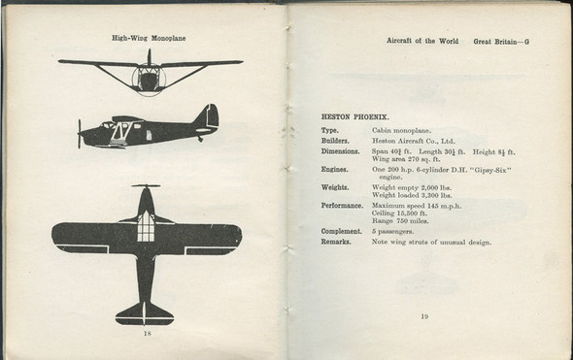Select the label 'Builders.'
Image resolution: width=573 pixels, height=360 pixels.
tap(335, 141)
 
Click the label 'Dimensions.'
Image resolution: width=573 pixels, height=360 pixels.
tap(341, 152)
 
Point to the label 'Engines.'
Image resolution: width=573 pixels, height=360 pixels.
tap(335, 169)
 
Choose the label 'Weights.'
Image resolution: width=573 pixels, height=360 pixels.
tap(335, 188)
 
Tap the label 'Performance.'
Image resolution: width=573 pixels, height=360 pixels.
tap(342, 206)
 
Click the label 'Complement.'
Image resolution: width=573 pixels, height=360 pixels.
tap(341, 231)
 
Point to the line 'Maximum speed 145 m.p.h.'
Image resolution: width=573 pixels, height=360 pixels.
tap(416, 206)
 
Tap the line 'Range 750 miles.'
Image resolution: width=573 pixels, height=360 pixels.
tap(400, 221)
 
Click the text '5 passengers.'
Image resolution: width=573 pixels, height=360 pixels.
tap(396, 231)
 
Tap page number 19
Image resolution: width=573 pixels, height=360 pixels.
tap(423, 315)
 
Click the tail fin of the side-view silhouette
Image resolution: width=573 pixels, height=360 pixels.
tap(206, 117)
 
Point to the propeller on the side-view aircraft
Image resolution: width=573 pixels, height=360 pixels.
tap(80, 133)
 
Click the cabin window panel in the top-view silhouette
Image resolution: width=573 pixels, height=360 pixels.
tap(147, 226)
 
